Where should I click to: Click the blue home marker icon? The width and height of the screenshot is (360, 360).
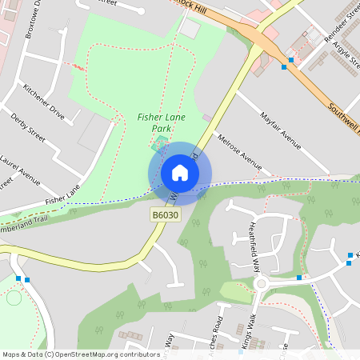(x=180, y=173)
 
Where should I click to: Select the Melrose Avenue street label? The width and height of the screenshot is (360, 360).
(x=239, y=151)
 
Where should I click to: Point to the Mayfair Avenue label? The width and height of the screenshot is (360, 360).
(x=280, y=130)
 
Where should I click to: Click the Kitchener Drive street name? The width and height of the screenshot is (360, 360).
(x=44, y=101)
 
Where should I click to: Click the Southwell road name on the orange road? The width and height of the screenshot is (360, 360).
(x=344, y=116)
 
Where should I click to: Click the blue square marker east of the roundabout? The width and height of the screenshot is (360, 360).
(x=299, y=278)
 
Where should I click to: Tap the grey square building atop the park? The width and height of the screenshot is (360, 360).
(x=190, y=29)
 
